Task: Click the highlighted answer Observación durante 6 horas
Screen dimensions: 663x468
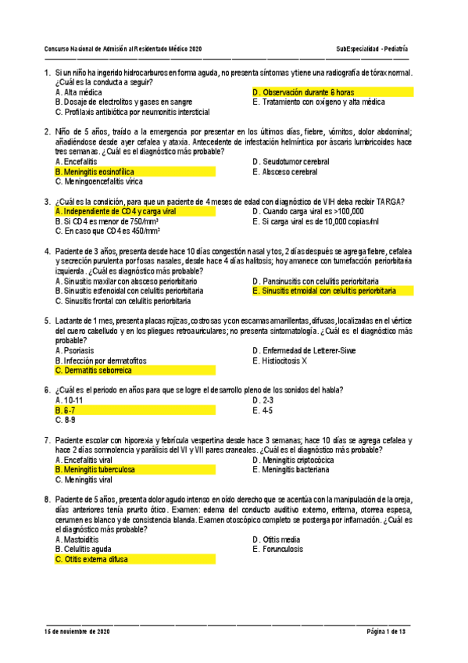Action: point(304,92)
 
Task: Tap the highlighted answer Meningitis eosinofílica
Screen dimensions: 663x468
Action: point(95,171)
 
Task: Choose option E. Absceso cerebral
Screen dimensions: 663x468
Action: point(284,171)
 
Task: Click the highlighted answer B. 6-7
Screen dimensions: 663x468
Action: point(66,410)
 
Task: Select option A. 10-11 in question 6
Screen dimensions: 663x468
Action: point(70,400)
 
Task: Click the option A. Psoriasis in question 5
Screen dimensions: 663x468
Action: point(74,351)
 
